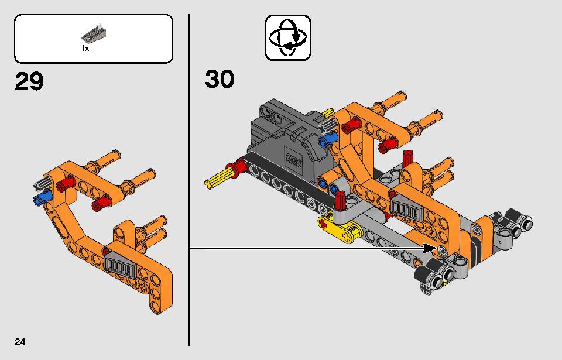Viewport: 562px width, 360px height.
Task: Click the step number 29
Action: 29,81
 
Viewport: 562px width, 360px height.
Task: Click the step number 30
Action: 220,79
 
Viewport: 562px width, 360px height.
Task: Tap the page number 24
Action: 20,342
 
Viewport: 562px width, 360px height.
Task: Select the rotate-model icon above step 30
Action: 288,37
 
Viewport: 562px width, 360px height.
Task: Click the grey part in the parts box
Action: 94,32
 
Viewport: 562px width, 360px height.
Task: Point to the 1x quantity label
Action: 85,49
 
